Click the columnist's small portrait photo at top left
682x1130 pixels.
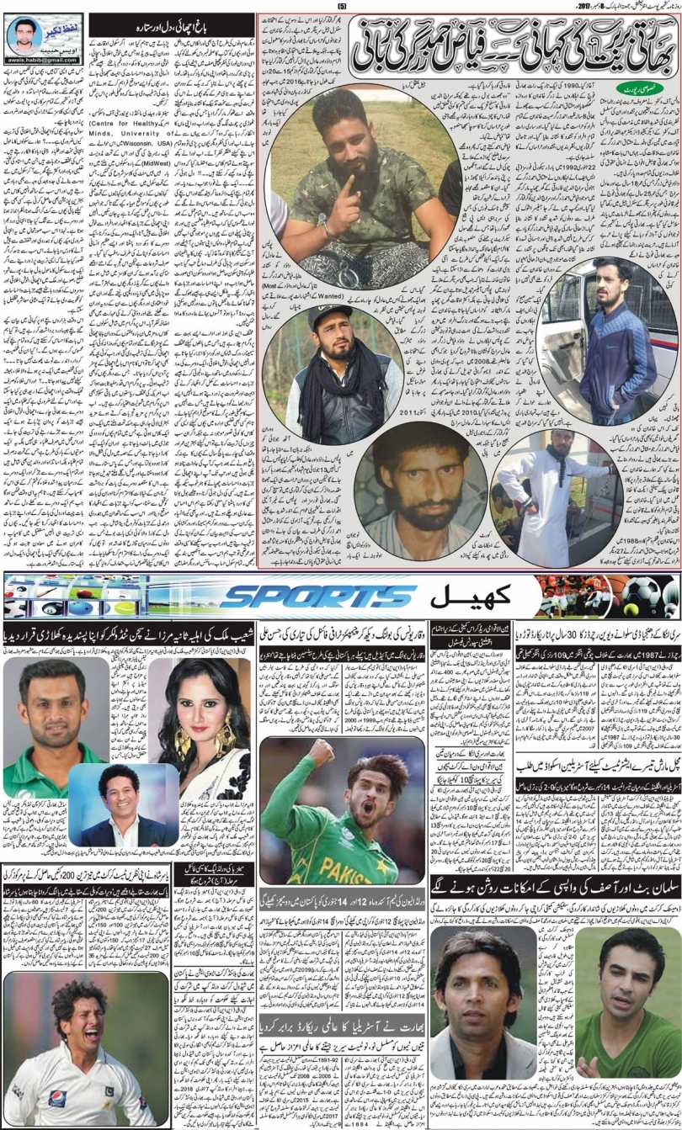[23, 35]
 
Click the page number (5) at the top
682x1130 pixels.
[341, 8]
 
